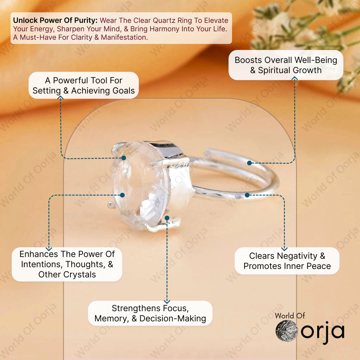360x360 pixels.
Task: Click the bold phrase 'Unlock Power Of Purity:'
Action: [x=55, y=20]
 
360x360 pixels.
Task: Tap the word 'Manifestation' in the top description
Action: [x=124, y=37]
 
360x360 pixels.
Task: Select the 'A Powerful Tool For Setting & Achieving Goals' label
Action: [x=84, y=85]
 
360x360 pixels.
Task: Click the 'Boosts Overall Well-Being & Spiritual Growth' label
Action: [x=286, y=65]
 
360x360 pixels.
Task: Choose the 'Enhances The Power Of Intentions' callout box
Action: [x=67, y=264]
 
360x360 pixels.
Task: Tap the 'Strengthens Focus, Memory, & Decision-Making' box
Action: [x=150, y=313]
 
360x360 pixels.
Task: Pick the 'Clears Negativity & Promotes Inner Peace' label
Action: [x=287, y=261]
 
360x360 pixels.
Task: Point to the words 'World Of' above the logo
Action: [x=290, y=316]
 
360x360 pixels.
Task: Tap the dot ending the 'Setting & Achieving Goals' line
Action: [x=124, y=158]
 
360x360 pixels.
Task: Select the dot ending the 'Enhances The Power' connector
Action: [x=122, y=195]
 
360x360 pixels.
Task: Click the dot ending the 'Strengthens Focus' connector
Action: [x=167, y=218]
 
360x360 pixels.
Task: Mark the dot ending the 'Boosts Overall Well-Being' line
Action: [x=249, y=163]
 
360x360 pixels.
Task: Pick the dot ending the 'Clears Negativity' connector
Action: [x=247, y=195]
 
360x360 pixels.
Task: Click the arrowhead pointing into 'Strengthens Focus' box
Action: [x=167, y=302]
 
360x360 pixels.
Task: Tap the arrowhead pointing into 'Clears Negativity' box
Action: [x=284, y=249]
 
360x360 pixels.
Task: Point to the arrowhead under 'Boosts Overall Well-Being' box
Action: [x=295, y=78]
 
